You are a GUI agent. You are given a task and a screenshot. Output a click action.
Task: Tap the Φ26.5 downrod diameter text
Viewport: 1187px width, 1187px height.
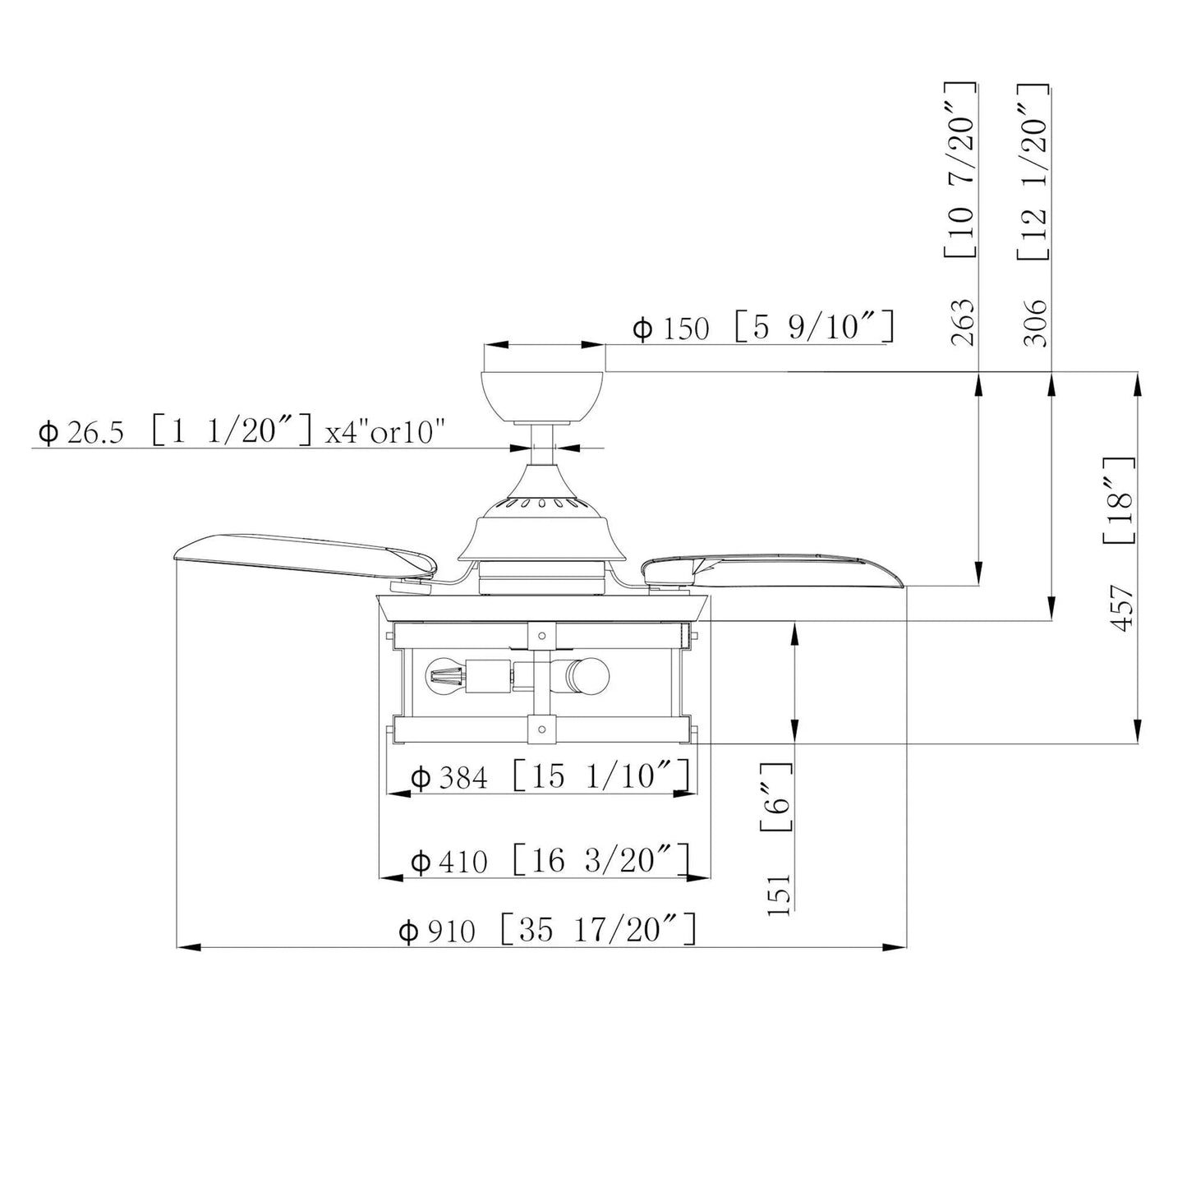81,433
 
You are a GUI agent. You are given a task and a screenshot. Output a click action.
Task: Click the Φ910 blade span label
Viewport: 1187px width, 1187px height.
437,932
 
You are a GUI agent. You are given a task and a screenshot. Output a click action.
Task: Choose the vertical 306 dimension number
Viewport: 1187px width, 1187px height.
1036,323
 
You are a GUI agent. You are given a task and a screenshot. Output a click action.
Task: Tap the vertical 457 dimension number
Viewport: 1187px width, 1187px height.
1121,609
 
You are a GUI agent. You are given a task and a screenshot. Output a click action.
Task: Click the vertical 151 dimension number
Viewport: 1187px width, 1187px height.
779,895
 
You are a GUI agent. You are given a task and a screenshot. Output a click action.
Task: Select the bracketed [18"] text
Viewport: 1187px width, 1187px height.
1119,501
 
